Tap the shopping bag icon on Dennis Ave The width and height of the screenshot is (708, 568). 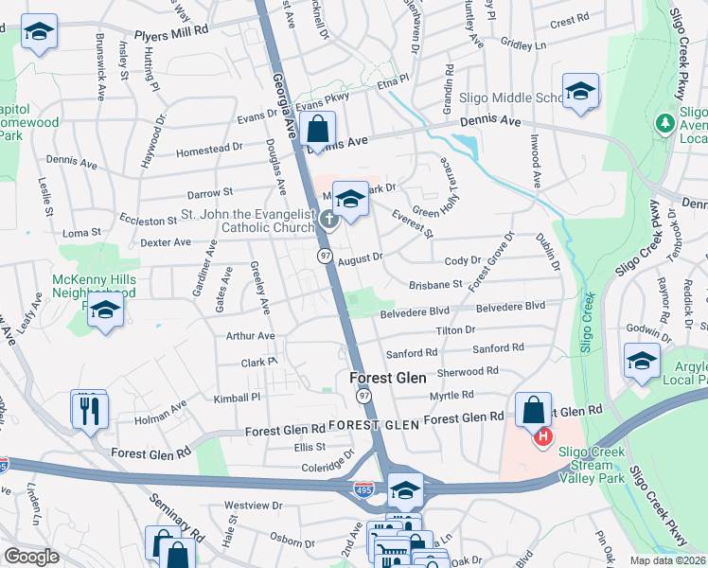[319, 129]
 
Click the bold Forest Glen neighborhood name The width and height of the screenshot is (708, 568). [388, 377]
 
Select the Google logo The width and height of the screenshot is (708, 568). [31, 557]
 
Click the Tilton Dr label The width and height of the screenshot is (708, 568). [455, 329]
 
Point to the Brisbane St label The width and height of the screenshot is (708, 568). [435, 283]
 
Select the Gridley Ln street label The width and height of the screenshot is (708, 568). [523, 44]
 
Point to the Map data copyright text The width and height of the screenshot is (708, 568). [666, 560]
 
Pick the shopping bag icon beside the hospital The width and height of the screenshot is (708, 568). [534, 410]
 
